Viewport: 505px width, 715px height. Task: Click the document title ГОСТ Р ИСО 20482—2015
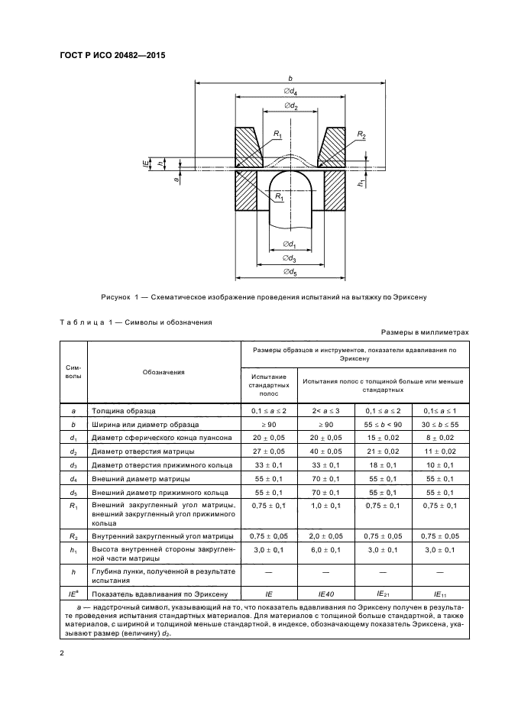pos(114,55)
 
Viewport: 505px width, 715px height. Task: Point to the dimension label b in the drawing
pos(291,77)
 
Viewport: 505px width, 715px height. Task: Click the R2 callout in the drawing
pos(361,135)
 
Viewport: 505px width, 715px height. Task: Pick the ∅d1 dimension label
pos(290,244)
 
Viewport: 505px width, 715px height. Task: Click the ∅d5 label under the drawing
pos(290,272)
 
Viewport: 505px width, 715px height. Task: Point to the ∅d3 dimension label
pos(290,259)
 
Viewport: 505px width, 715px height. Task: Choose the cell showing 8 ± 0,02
pos(439,437)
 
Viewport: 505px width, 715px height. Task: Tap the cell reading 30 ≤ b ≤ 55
pos(439,423)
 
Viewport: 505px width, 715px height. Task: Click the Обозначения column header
pos(163,373)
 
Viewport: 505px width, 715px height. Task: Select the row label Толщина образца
pos(123,409)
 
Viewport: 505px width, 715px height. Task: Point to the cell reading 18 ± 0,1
pos(382,464)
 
